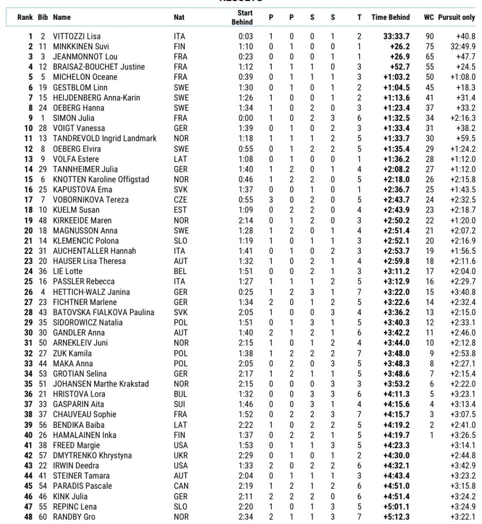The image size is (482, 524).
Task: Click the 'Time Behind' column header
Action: pyautogui.click(x=390, y=17)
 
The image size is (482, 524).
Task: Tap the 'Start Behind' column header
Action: pyautogui.click(x=242, y=17)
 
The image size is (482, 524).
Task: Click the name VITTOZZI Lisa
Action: pyautogui.click(x=77, y=36)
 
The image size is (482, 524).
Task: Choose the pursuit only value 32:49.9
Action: pyautogui.click(x=462, y=47)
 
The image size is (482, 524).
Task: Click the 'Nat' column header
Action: pyautogui.click(x=179, y=17)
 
